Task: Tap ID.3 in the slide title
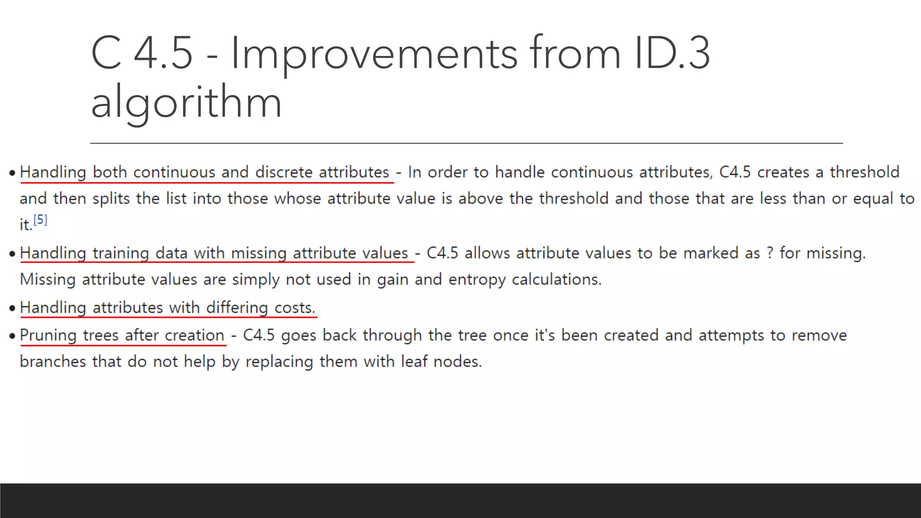(672, 54)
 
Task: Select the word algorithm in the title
(186, 103)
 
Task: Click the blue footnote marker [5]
(40, 220)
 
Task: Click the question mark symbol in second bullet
(770, 253)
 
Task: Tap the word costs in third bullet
(295, 308)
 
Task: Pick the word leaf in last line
(414, 362)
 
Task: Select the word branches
(53, 362)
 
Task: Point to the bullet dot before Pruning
(12, 336)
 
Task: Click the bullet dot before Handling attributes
(12, 308)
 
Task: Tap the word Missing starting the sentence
(48, 280)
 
